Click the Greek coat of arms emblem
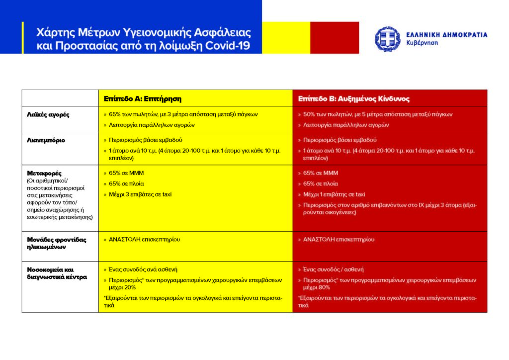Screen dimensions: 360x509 point(388,39)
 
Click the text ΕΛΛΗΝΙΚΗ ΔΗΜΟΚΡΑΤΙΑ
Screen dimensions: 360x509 point(446,35)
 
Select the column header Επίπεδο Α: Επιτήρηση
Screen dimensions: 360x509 point(143,98)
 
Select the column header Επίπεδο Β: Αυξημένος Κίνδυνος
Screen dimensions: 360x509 point(353,98)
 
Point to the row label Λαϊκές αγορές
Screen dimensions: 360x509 point(48,114)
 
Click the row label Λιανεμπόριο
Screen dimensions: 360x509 point(46,140)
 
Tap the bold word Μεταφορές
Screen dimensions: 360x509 point(44,173)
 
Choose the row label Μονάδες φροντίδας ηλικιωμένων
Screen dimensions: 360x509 point(56,243)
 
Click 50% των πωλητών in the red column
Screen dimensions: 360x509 point(326,114)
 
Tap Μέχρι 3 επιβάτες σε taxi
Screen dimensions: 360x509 point(140,194)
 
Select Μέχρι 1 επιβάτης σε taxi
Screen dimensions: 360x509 point(334,194)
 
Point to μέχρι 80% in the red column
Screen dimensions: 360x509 point(317,287)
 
